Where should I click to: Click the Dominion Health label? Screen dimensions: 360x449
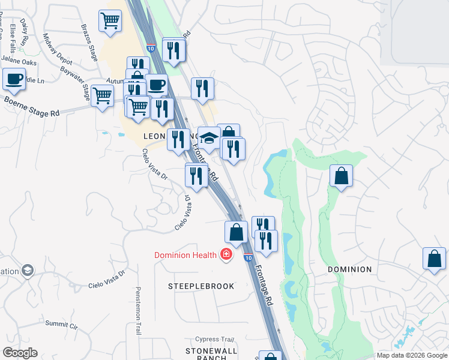click(x=185, y=255)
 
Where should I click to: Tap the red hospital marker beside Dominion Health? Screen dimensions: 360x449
click(x=226, y=255)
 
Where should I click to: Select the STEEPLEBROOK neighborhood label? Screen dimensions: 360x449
click(x=201, y=286)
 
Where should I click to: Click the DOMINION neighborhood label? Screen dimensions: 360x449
click(x=350, y=269)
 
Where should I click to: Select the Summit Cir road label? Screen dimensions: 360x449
click(x=62, y=325)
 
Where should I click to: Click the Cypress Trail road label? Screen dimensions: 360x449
click(x=214, y=340)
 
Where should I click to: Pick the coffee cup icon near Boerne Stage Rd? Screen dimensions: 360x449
click(x=14, y=78)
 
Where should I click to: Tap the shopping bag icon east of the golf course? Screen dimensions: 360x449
click(x=341, y=176)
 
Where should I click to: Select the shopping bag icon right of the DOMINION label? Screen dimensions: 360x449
click(x=434, y=259)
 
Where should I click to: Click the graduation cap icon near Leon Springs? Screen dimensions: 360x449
click(x=209, y=138)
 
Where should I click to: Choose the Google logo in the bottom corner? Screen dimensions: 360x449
click(x=20, y=353)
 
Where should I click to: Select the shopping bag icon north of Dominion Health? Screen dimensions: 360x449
click(x=237, y=232)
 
